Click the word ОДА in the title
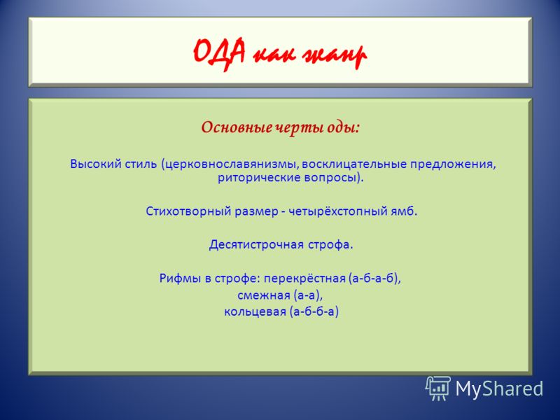(x=219, y=54)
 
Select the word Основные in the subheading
(x=237, y=127)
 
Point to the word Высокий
(x=96, y=164)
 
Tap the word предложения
(x=453, y=164)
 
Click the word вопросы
(x=330, y=178)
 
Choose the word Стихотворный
(x=188, y=211)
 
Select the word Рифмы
(x=181, y=278)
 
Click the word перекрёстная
(x=304, y=278)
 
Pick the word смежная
(x=264, y=295)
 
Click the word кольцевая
(x=255, y=311)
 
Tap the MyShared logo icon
(x=438, y=388)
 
